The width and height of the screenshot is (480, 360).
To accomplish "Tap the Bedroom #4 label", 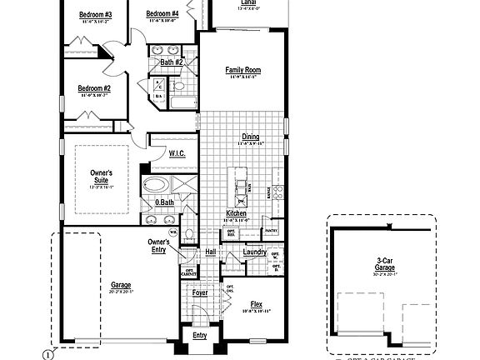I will (x=162, y=14).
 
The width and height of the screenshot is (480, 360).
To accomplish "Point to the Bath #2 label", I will (x=172, y=62).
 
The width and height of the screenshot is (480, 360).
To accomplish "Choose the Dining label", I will (x=250, y=137).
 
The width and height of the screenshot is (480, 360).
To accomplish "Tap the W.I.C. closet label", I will (x=177, y=153).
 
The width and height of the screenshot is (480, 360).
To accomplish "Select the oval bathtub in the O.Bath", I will (x=155, y=185).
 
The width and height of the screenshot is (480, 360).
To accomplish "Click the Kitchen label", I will (x=237, y=214).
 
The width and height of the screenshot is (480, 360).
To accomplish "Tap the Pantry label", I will (x=270, y=230).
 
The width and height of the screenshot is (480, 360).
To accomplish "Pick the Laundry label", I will (x=254, y=252).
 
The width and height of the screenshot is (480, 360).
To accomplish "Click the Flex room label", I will (x=257, y=305).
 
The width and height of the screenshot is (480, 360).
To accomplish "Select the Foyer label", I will (x=200, y=292).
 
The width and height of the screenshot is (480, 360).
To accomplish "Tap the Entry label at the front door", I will (x=200, y=335).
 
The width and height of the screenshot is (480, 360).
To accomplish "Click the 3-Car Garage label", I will (x=384, y=264).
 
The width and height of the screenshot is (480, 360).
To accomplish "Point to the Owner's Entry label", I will (x=158, y=246).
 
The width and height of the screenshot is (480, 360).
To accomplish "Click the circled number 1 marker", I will (x=48, y=352).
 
